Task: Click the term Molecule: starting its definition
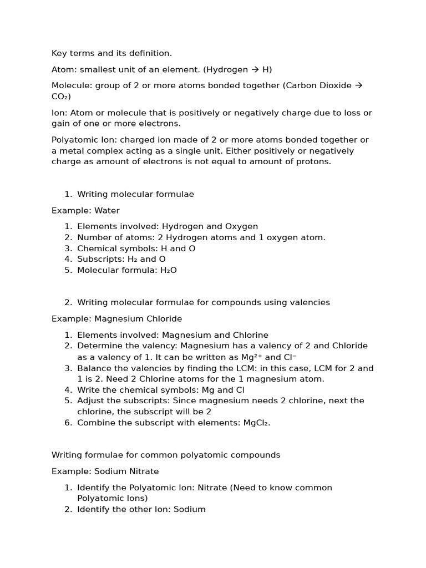[72, 85]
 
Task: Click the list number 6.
[68, 423]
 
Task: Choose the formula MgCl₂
[256, 423]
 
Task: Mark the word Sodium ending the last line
[190, 509]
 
